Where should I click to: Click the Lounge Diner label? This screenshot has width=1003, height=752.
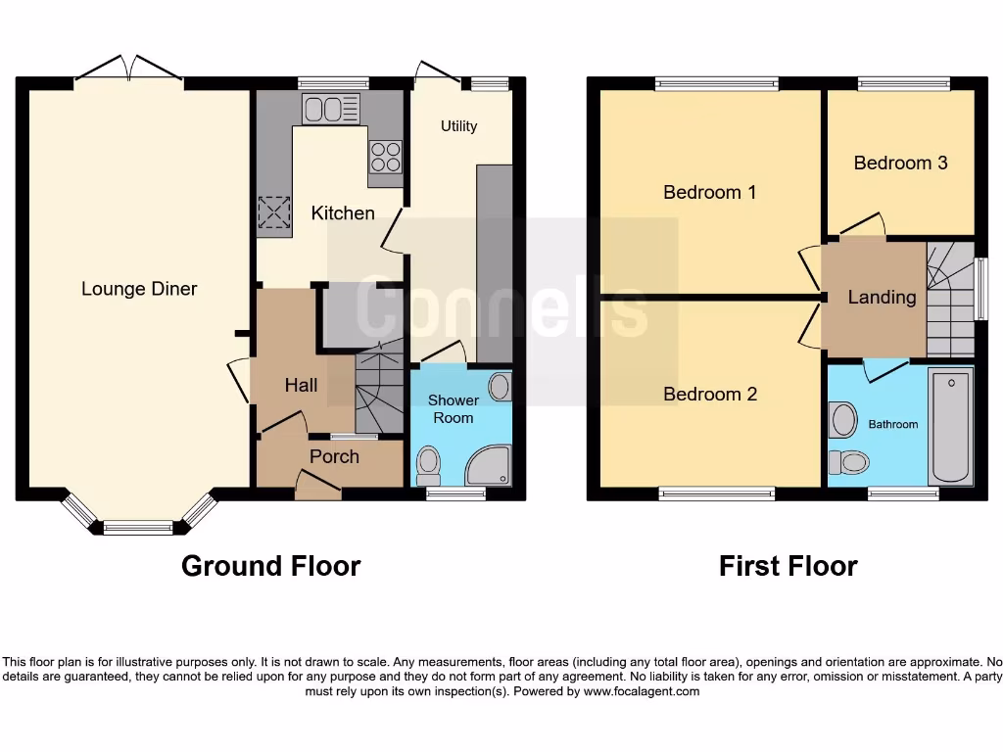coord(139,289)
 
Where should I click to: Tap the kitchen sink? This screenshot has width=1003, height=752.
coord(331,108)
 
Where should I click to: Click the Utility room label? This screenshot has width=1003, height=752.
coord(458,126)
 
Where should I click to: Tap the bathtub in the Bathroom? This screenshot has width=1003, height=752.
coord(950,425)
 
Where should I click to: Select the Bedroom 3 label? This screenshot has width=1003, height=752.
coord(900,163)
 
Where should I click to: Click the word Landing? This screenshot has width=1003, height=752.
coord(882,297)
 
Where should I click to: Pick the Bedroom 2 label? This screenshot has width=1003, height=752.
coord(710,394)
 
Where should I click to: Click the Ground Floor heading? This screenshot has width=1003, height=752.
coord(270,566)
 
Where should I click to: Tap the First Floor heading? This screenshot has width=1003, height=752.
coord(788,566)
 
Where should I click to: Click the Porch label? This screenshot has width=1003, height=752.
coord(334,456)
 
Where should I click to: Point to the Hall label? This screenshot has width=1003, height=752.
coord(301,385)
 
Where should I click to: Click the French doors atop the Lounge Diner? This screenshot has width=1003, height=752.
coord(129,69)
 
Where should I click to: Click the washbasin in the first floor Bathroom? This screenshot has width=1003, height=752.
coord(841,420)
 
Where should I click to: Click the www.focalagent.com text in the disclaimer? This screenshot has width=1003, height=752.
coord(642,691)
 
